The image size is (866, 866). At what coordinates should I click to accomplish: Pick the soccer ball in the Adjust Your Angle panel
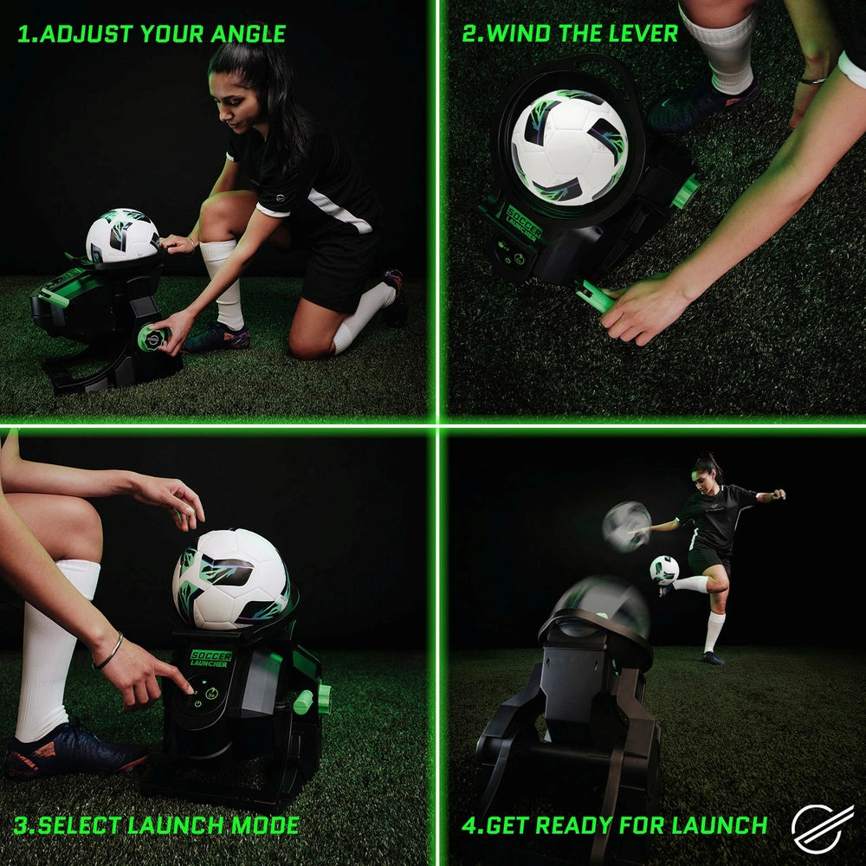(x=122, y=235)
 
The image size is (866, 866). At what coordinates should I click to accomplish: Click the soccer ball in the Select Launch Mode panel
(x=231, y=578)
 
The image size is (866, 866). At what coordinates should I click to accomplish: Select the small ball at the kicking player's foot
(x=664, y=569)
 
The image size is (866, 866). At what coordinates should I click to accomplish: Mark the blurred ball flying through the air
(x=626, y=526)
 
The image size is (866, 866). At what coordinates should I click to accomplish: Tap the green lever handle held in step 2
(x=596, y=297)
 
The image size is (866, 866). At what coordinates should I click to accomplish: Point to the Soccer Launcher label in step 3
(x=210, y=658)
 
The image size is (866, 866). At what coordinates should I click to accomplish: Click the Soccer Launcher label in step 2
(x=523, y=223)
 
